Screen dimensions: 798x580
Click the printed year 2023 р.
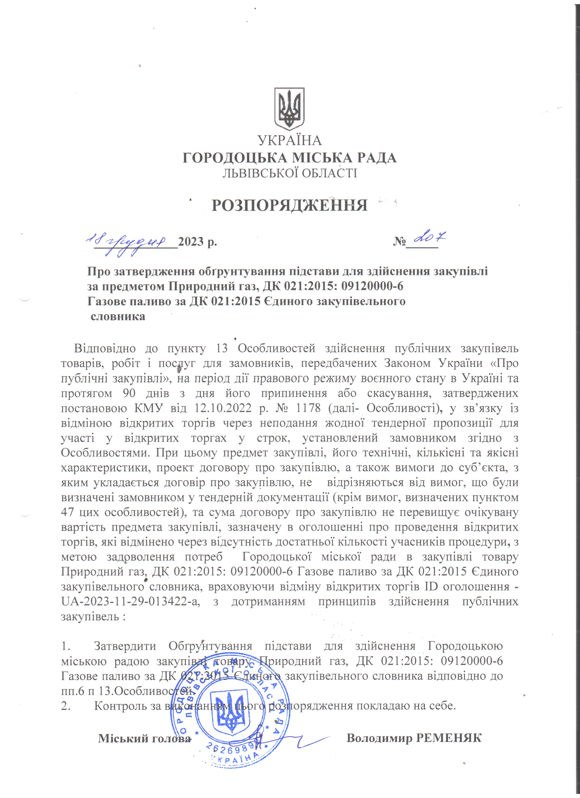(197, 242)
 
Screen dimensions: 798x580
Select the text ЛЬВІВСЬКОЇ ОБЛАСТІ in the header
(290, 173)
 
